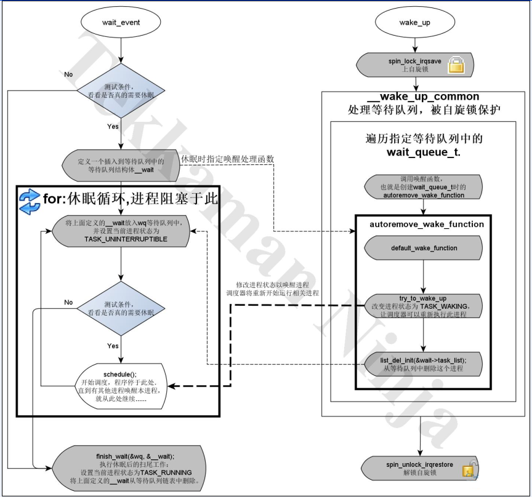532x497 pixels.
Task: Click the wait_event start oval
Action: (x=121, y=23)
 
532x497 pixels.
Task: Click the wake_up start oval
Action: (x=419, y=23)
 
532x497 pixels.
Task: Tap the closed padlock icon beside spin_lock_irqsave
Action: (x=456, y=65)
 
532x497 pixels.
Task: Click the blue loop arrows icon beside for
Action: (x=29, y=202)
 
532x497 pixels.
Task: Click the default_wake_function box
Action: (x=424, y=248)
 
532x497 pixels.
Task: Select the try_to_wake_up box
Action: (x=424, y=306)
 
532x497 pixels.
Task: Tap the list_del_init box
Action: (x=424, y=364)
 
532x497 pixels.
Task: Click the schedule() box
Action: (x=121, y=386)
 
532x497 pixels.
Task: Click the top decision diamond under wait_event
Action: (x=121, y=91)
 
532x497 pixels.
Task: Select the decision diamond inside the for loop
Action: (x=121, y=309)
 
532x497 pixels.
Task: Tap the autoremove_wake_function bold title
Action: (x=426, y=225)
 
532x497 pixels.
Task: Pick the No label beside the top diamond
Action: (x=68, y=74)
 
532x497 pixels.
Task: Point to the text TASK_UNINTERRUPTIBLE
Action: (x=126, y=238)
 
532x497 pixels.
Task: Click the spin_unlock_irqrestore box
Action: (x=420, y=469)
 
